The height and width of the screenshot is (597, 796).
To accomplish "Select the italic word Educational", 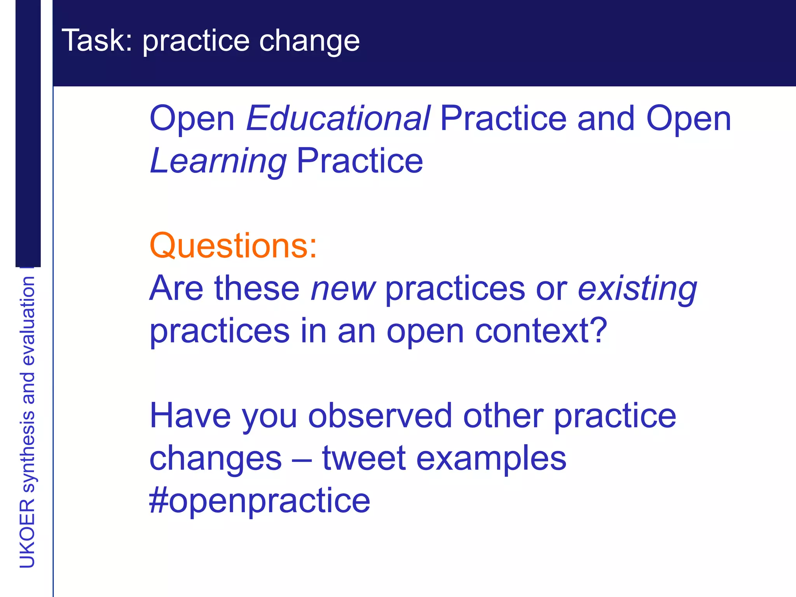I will tap(338, 118).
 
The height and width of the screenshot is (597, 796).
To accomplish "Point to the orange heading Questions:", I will tap(233, 246).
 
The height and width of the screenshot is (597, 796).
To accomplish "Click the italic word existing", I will tap(637, 289).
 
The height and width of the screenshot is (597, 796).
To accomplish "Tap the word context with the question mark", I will tap(541, 331).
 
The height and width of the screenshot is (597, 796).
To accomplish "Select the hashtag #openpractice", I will tap(260, 501).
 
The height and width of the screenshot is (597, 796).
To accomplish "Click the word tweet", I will tap(364, 458).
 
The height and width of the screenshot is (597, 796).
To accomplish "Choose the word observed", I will tap(380, 416).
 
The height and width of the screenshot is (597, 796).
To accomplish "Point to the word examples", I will tap(491, 459).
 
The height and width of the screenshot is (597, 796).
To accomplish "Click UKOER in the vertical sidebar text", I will tap(27, 533).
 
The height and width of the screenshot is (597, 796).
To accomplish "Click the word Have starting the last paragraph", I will tap(190, 416).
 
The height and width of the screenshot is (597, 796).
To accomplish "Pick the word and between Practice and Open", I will tap(606, 118).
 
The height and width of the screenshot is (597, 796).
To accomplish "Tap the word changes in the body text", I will tap(215, 458).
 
